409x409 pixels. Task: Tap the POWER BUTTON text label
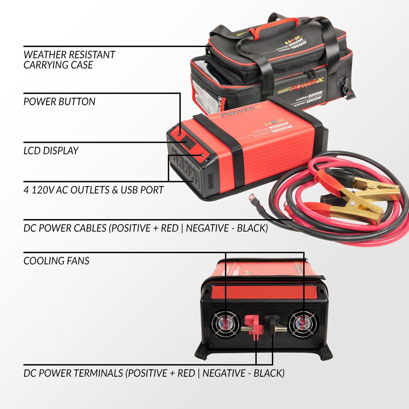[59, 101]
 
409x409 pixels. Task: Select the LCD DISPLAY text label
[51, 151]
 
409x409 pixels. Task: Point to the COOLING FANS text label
[56, 261]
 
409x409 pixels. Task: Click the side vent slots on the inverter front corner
[209, 180]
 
